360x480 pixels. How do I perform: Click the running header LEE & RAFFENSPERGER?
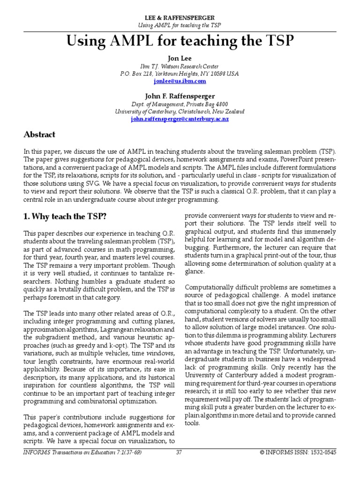coord(180,17)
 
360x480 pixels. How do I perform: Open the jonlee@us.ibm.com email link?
coord(180,81)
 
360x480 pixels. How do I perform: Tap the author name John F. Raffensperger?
coord(180,96)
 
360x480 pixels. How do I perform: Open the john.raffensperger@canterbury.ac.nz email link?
coord(180,119)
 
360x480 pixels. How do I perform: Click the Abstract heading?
coord(39,135)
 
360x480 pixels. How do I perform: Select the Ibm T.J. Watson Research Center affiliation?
coord(180,66)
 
